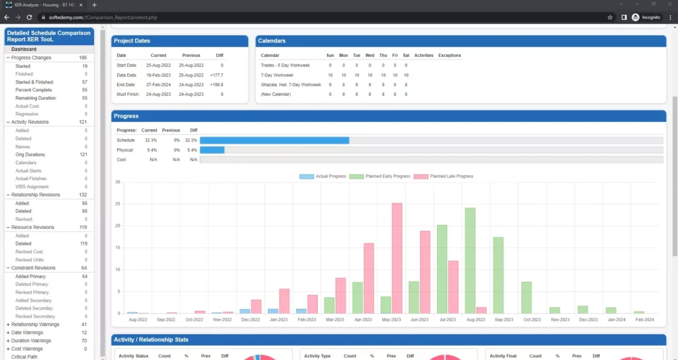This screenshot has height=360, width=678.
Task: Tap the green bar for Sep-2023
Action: coord(498,275)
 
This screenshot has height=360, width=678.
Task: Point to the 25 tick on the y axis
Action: coord(117,204)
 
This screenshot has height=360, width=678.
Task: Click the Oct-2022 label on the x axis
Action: coord(194,319)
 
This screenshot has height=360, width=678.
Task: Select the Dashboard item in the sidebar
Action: coord(24,49)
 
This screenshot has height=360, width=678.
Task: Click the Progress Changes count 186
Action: coord(83,58)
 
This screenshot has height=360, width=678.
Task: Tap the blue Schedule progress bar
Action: coord(274,140)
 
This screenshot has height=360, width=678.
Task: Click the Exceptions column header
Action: coord(449,56)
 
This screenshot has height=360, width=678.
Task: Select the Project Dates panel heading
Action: coord(133,41)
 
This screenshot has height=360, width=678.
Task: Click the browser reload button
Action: coord(30,17)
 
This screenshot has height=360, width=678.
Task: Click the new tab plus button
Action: coord(94,5)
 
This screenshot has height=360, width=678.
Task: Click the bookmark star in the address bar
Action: coord(610,17)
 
